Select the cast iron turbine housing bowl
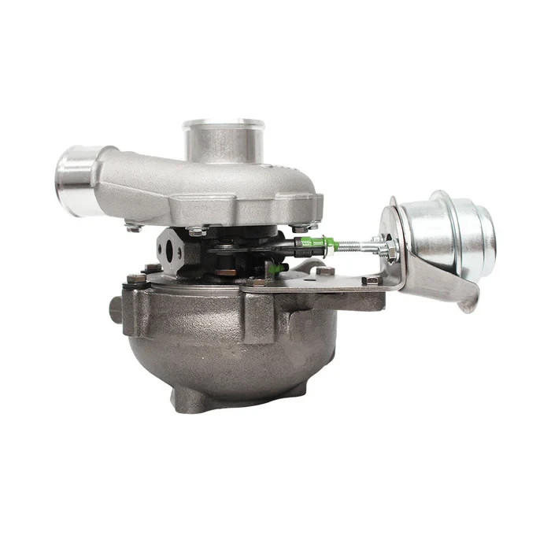(x=228, y=346)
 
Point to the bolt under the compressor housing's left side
(x=132, y=227)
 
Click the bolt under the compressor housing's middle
(x=197, y=231)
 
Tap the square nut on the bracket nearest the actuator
(x=370, y=280)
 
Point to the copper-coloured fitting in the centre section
(x=225, y=272)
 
